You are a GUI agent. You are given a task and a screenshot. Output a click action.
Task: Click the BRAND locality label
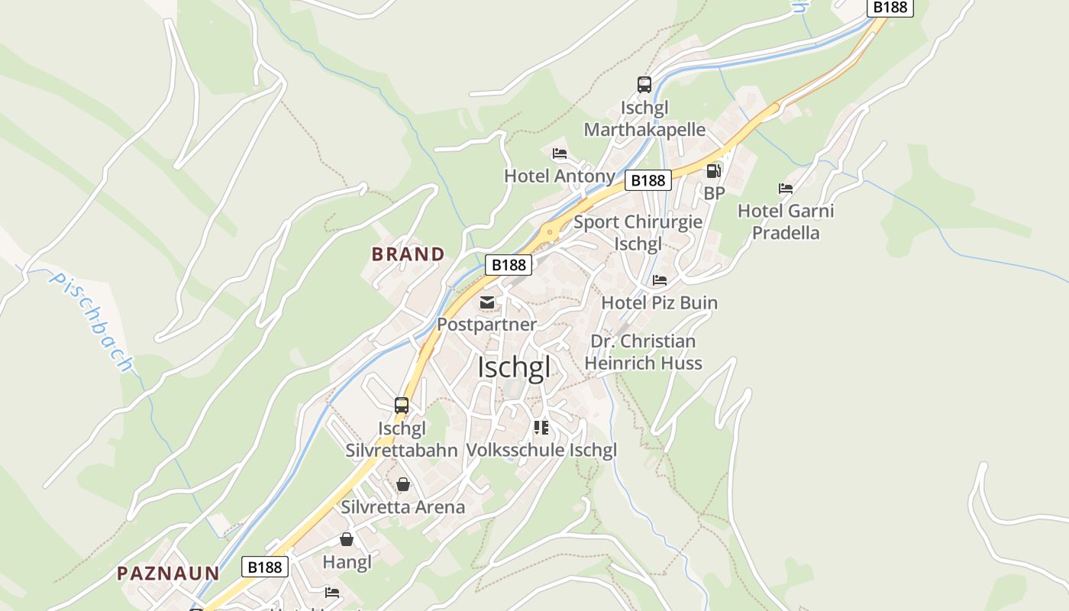(x=408, y=254)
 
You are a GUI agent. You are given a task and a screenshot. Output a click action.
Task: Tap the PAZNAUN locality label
(x=168, y=573)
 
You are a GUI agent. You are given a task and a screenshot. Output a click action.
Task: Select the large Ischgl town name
(x=513, y=367)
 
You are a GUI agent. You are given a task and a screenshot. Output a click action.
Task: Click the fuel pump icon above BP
(x=713, y=171)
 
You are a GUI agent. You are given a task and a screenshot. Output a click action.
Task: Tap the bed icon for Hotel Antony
(x=560, y=154)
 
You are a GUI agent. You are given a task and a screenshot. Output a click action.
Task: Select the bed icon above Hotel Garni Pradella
(x=786, y=188)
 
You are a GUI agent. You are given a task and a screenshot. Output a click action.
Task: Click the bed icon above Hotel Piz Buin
(x=660, y=280)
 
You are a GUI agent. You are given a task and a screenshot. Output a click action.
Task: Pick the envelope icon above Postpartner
(x=486, y=302)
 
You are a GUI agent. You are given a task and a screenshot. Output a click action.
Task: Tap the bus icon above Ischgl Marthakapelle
(x=644, y=85)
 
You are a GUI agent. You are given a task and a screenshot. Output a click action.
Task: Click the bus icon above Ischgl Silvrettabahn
(x=402, y=406)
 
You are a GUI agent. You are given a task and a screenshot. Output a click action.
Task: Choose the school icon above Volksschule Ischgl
(x=541, y=428)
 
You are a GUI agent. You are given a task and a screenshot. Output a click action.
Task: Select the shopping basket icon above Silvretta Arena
(x=403, y=484)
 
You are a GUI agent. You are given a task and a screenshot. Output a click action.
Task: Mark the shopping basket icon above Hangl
(x=347, y=540)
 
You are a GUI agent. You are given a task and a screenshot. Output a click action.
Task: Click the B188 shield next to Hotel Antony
(x=648, y=180)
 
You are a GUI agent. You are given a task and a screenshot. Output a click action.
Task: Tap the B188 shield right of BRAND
(x=509, y=265)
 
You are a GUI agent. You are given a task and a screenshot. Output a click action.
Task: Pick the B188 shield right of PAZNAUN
(x=265, y=567)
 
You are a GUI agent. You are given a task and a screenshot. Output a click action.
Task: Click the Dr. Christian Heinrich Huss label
(x=643, y=352)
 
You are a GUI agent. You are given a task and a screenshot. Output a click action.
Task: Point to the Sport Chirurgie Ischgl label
(x=638, y=233)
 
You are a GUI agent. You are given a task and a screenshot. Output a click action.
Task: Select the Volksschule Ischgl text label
(x=541, y=450)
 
